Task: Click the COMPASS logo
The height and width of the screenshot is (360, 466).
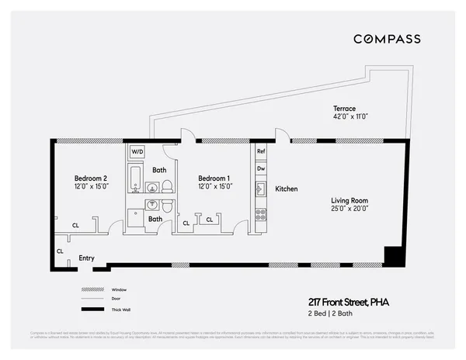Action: [387, 39]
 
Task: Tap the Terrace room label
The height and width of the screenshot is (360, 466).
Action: [345, 109]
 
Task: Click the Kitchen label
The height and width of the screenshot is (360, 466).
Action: [287, 189]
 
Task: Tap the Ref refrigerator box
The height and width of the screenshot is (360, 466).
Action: [261, 151]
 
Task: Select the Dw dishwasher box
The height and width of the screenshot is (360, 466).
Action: [261, 168]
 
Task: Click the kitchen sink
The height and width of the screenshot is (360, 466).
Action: [262, 189]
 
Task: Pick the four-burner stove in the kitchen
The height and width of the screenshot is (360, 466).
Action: [261, 214]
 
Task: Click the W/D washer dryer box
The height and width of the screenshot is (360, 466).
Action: [137, 151]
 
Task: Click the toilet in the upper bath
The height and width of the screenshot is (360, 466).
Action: [166, 186]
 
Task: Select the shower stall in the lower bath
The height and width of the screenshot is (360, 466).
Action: [136, 218]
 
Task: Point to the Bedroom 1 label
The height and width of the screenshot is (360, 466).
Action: [214, 178]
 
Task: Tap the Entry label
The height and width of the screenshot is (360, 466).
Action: [86, 258]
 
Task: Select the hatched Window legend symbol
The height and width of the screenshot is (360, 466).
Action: [93, 289]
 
